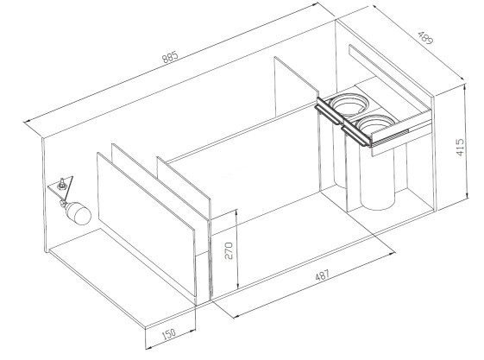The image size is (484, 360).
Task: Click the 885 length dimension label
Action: (x=171, y=57)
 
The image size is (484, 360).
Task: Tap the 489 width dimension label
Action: (x=425, y=38)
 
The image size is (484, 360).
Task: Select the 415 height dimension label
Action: (x=459, y=148)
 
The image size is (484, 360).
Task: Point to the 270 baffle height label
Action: (x=229, y=250)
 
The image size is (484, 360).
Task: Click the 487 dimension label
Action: (x=323, y=275)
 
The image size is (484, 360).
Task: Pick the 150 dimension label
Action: (x=168, y=334)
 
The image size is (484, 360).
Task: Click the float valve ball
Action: (x=79, y=212)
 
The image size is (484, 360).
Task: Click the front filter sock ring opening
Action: (x=374, y=123)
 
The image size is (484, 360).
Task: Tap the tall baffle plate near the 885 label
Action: (x=296, y=89)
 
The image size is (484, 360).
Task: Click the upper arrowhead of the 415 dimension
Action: (x=466, y=88)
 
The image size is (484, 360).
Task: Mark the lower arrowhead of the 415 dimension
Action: (x=468, y=194)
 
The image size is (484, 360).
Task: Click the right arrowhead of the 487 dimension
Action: (x=392, y=253)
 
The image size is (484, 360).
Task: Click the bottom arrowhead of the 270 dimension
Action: (x=237, y=286)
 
